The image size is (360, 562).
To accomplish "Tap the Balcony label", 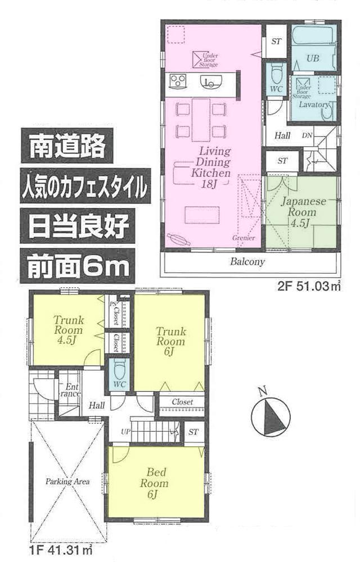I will (x=247, y=262).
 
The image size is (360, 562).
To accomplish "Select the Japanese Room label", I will (x=302, y=207).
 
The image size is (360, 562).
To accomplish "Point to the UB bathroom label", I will (x=313, y=58).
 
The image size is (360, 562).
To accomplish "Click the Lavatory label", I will (x=313, y=105).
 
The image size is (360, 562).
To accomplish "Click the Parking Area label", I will (x=67, y=482).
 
